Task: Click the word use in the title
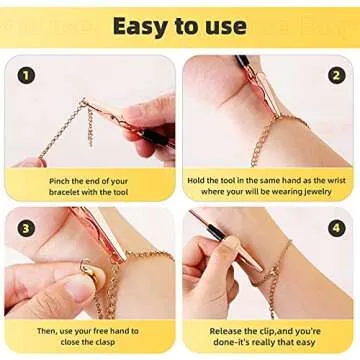(x=222, y=25)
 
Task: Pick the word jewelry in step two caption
(x=322, y=193)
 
